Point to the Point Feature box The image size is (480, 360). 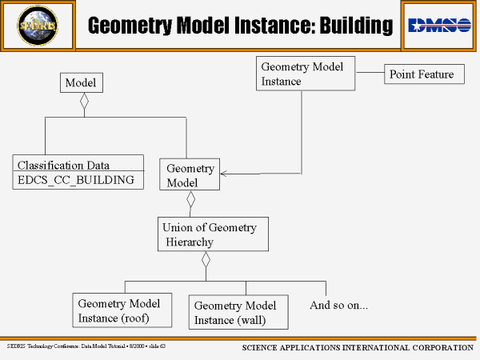(x=421, y=74)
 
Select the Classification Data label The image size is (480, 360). (x=64, y=166)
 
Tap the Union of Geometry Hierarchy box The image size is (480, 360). (x=211, y=234)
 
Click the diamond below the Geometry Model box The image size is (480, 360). (x=190, y=200)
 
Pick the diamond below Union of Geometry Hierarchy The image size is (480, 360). (x=206, y=260)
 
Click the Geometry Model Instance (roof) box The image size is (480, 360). (x=119, y=311)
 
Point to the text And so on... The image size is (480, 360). (x=338, y=305)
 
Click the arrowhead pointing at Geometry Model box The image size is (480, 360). (x=225, y=172)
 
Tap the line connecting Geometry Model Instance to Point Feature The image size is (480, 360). (x=370, y=74)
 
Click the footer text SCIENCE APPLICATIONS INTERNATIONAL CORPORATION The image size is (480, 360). (x=357, y=348)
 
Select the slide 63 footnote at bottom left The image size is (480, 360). (x=86, y=346)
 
